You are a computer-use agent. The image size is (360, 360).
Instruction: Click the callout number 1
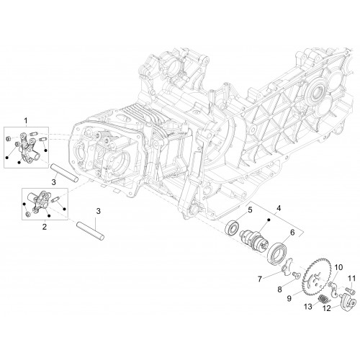coord(26,121)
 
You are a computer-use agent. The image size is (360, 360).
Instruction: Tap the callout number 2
coord(45,227)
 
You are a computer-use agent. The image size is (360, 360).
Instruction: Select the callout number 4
coord(279,208)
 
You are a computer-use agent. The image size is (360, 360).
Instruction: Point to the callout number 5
coord(250,210)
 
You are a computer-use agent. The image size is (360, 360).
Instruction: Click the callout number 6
coord(292,233)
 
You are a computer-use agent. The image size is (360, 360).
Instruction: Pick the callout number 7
coord(260,279)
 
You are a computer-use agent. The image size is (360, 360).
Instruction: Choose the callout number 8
coord(279,289)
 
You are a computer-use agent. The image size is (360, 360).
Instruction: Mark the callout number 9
coord(289,298)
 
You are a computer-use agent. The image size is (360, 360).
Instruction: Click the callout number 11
coord(351,279)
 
